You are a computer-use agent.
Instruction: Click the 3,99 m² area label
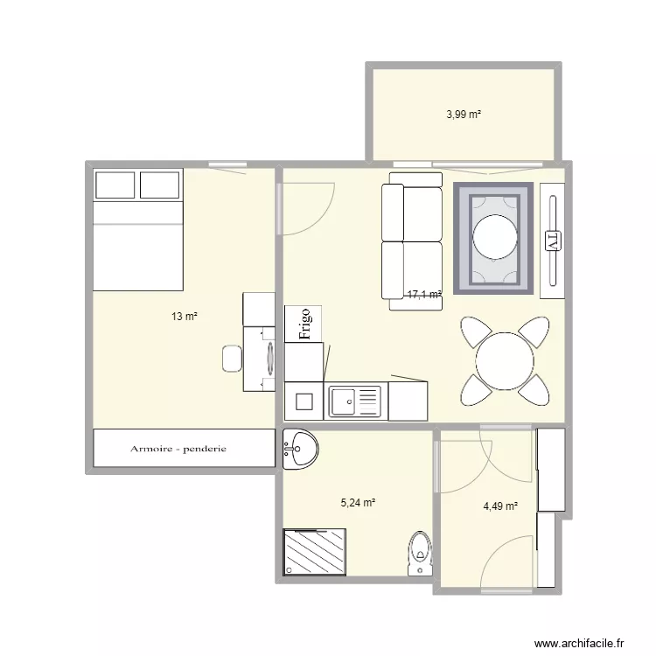tap(464, 115)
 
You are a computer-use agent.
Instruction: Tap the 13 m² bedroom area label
tap(184, 317)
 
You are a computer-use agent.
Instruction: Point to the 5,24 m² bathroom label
tap(358, 502)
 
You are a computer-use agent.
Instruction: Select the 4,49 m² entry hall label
tap(500, 506)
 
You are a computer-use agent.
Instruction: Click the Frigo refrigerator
tap(304, 324)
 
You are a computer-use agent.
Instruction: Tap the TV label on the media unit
tap(553, 241)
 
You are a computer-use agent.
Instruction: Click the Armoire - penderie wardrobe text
tap(178, 449)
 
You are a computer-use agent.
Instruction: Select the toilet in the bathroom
tap(420, 553)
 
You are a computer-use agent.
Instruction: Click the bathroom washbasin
tap(300, 449)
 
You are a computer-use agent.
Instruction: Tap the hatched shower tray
tap(315, 552)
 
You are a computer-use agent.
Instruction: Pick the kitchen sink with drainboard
tap(355, 402)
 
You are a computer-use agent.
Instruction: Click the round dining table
tap(505, 361)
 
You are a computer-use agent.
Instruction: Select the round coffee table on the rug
tap(494, 237)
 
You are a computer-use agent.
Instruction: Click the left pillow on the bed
tap(115, 185)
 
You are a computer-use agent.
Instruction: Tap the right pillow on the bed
tap(159, 185)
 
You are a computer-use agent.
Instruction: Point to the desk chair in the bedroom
tap(232, 358)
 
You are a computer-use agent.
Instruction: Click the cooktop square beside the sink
tap(304, 401)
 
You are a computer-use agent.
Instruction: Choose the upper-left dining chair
tap(476, 331)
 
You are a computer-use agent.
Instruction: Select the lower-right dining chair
tap(534, 390)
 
